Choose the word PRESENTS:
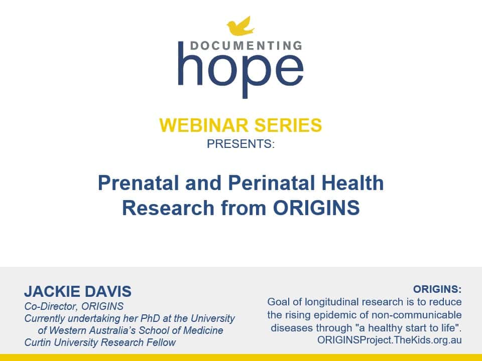pyautogui.click(x=240, y=144)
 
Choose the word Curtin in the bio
pyautogui.click(x=38, y=343)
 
